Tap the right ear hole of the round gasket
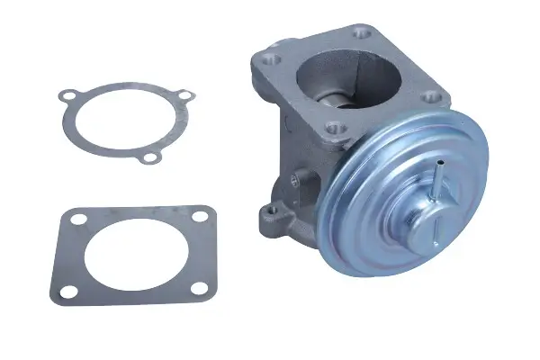pyautogui.click(x=184, y=95)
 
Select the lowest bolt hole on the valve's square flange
pyautogui.click(x=335, y=127)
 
